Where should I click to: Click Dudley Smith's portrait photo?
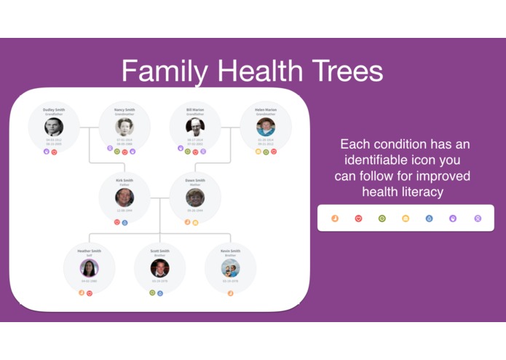coord(54,126)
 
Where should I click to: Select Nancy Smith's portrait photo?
coord(124,126)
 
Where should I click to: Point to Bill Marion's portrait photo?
coord(195,126)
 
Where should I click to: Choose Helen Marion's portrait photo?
coord(266,126)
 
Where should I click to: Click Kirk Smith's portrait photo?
coord(124,197)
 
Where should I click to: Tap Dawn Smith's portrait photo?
coord(195,197)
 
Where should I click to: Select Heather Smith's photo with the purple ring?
coord(89,267)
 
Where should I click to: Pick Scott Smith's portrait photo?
coord(160,267)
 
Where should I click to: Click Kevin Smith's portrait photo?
coord(231,267)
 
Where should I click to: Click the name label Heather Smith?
coord(89,251)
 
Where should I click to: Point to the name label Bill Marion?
coord(195,109)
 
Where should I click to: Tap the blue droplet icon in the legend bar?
coord(430,218)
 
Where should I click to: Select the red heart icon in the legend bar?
coord(358,218)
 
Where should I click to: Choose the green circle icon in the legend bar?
coord(382,218)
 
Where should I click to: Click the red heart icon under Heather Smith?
coord(90,293)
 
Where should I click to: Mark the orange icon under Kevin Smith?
coord(231,293)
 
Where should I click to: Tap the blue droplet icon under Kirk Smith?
coord(125,222)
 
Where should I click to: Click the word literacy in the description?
coord(425,192)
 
